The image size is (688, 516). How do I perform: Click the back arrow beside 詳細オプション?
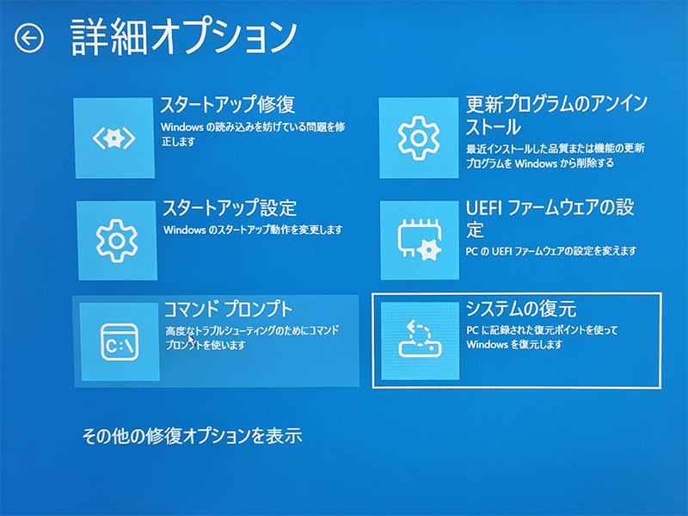tap(29, 38)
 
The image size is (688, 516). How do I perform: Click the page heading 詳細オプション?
tap(182, 37)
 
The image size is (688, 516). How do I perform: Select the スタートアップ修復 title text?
tap(228, 105)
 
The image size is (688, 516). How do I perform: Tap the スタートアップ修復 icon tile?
tap(114, 138)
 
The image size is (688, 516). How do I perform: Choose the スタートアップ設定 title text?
tap(230, 208)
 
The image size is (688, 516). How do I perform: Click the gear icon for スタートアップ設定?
tap(117, 242)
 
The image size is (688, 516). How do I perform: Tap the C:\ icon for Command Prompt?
tap(120, 341)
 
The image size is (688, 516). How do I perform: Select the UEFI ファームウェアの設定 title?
tap(550, 218)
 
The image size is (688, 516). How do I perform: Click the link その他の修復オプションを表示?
tap(192, 435)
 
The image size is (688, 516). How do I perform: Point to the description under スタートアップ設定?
tap(253, 230)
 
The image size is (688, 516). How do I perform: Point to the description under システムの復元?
tap(542, 337)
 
